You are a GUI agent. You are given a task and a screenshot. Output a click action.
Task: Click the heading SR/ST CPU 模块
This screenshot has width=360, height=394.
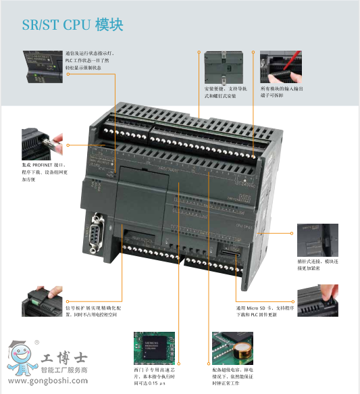tap(72, 25)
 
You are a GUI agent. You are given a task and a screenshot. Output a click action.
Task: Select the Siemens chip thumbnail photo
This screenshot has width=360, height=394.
tap(155, 346)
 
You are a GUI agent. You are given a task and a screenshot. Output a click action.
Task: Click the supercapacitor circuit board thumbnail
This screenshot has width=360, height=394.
tap(233, 346)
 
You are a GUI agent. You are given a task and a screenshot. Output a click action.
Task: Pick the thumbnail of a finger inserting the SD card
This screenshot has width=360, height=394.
tap(317, 299)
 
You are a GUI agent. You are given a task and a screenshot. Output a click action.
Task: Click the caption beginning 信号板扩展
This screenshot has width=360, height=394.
tap(90, 310)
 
